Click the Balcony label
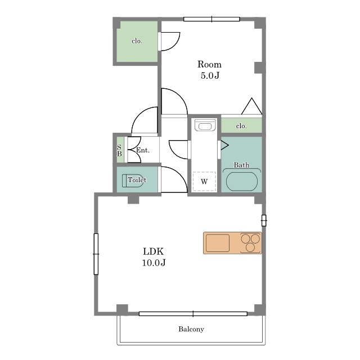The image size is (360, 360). click(191, 329)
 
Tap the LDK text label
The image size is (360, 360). click(154, 251)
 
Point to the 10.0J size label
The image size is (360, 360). click(154, 263)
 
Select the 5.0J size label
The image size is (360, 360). click(210, 75)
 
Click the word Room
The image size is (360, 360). click(209, 64)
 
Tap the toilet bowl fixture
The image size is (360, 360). click(132, 181)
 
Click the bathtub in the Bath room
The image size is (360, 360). click(242, 181)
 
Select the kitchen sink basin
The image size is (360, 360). click(218, 243)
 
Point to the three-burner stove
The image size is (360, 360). click(250, 242)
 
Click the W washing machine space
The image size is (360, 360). click(204, 181)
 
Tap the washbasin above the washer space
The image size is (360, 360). click(205, 125)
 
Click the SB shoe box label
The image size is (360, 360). click(119, 150)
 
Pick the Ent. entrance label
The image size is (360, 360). click(142, 150)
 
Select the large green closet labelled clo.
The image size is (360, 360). click(137, 42)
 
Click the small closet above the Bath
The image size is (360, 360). click(241, 125)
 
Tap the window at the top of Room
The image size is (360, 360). click(211, 19)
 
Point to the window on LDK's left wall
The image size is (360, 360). click(96, 254)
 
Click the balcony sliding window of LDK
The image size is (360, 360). click(193, 314)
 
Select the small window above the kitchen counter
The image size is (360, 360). click(264, 220)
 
